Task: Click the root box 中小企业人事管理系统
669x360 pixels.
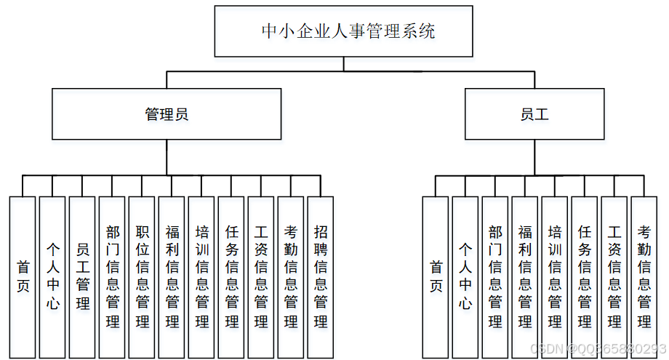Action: pos(343,31)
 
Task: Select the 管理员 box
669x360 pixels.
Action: pos(167,114)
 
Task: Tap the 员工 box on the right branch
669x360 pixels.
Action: pos(534,114)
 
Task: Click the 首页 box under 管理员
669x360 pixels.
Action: pos(23,276)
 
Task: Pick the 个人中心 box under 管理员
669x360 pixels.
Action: pos(52,276)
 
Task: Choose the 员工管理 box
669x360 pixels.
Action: pos(82,276)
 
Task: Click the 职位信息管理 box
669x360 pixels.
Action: pos(142,276)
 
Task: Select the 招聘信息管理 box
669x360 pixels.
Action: pos(320,276)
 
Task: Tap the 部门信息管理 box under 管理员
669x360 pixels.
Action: pos(112,276)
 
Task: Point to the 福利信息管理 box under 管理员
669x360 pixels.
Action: pos(172,276)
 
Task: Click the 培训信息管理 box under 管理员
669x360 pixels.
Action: pos(201,276)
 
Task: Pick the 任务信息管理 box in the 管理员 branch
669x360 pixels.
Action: pos(231,276)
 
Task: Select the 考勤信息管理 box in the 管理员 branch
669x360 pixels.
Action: pos(290,276)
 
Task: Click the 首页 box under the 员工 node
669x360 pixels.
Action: pos(436,276)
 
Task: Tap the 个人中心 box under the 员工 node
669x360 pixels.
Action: pos(465,276)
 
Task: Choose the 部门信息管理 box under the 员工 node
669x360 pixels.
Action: pos(495,276)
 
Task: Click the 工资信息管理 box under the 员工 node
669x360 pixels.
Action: pos(614,276)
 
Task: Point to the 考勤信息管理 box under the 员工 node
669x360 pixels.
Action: pos(644,276)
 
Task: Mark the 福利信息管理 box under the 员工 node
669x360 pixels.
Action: pos(525,276)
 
